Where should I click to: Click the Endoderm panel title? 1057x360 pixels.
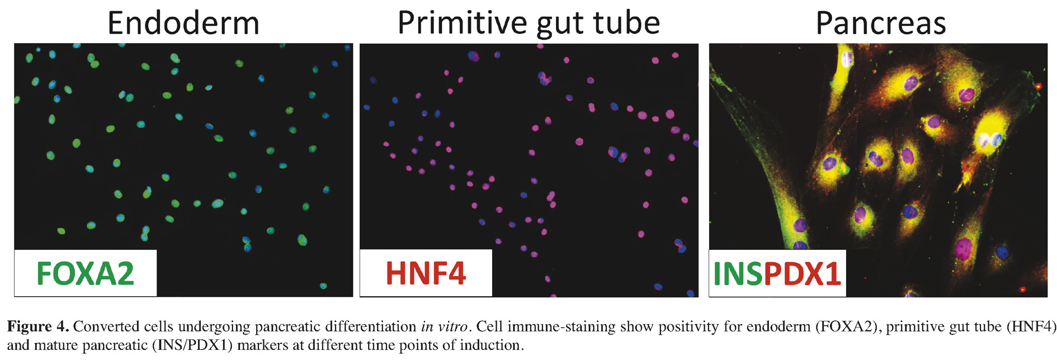click(x=183, y=23)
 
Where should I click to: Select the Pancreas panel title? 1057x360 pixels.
click(x=881, y=23)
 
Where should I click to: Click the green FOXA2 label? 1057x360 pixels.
click(x=85, y=273)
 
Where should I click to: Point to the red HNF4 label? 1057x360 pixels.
click(x=426, y=273)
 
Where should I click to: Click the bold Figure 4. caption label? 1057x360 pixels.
click(x=38, y=326)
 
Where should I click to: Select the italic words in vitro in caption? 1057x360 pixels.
click(x=444, y=326)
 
